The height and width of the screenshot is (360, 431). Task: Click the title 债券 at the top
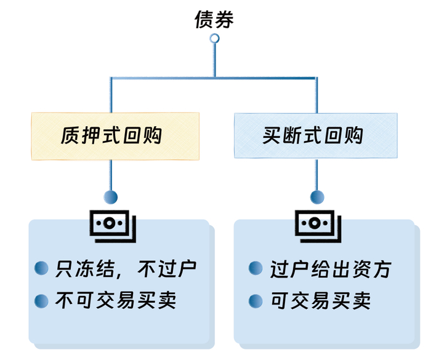(x=214, y=19)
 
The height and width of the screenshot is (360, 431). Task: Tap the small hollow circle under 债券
(x=214, y=39)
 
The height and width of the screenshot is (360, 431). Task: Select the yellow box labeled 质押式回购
(x=115, y=136)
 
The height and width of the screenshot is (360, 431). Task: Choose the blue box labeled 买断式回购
(x=315, y=136)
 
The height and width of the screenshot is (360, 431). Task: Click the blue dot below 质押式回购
(x=111, y=198)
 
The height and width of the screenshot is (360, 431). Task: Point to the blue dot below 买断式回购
(x=317, y=198)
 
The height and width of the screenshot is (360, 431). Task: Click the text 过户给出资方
(x=330, y=268)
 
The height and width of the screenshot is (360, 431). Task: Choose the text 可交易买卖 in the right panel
(x=320, y=301)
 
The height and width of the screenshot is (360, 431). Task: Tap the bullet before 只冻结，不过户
(x=42, y=268)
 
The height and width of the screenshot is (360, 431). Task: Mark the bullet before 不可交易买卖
(x=42, y=301)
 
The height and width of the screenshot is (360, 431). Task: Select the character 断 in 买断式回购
(x=292, y=136)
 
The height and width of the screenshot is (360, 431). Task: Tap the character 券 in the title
(x=225, y=19)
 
